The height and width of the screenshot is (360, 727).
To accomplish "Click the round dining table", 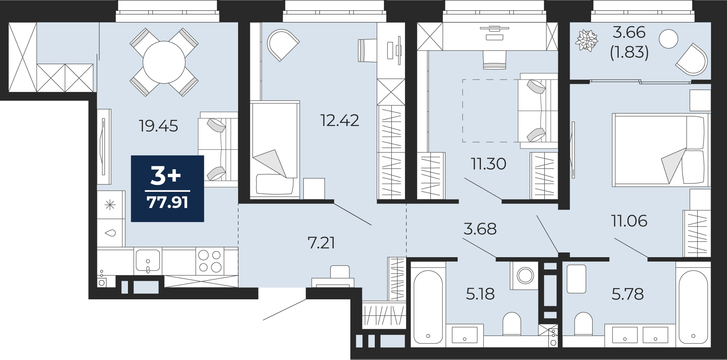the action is coord(164,62).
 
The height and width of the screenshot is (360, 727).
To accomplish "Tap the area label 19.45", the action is coord(158,126).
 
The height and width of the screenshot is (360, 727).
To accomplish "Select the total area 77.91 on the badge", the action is coord(168,202).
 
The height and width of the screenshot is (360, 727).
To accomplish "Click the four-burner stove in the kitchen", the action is coord(210,261).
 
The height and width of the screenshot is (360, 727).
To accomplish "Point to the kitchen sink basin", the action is coord(148,260).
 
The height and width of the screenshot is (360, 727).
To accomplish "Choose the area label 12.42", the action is coord(340,121).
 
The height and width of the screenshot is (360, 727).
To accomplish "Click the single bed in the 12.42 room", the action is coord(275,150).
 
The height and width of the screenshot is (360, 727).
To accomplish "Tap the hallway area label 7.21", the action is coord(321,243).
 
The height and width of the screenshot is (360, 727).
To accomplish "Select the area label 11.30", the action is coord(488,164).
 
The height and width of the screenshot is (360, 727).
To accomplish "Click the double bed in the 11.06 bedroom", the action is coord(661,150).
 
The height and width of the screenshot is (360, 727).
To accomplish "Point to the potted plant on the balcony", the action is coord(586,40).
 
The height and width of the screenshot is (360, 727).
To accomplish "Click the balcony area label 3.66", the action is coord(629,32).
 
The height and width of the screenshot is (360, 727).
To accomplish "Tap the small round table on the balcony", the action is coord(668,39).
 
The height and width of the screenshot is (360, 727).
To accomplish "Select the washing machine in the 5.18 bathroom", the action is coord(524,275).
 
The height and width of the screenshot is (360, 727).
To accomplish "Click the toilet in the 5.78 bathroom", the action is coord(583,324).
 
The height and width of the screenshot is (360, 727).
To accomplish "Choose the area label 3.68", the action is coord(480,229).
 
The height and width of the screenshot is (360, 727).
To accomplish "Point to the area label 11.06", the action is coord(629,221).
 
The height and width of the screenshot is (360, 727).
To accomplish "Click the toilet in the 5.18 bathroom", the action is coord(512,324).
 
